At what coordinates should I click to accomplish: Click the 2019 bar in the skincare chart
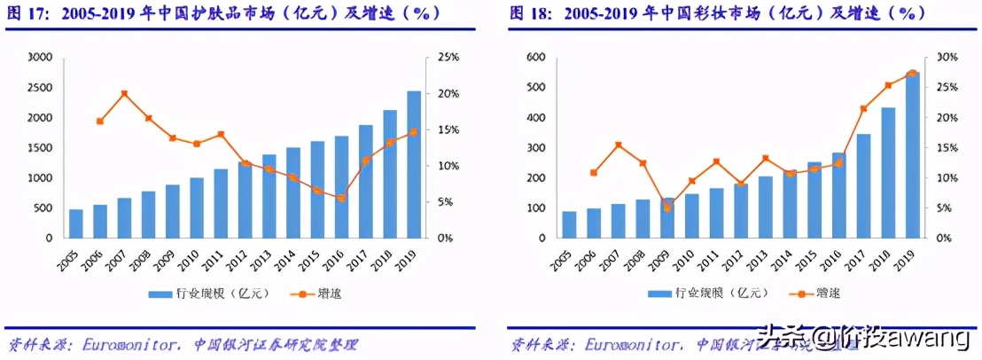(x=414, y=165)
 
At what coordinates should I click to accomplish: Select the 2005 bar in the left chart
(x=76, y=223)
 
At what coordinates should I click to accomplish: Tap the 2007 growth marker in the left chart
(x=124, y=93)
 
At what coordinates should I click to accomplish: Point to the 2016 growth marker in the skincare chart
(x=341, y=198)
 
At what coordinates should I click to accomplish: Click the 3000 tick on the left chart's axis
(x=41, y=58)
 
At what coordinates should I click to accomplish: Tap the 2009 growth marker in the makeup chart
(x=667, y=207)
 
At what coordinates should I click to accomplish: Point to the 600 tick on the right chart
(x=535, y=58)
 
